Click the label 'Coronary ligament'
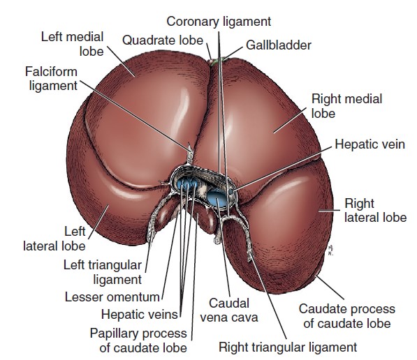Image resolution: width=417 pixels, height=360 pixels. click(219, 22)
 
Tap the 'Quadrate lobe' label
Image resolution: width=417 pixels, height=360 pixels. click(163, 40)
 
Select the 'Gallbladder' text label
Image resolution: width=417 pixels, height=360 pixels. click(279, 45)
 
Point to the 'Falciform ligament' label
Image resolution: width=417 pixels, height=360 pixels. click(51, 79)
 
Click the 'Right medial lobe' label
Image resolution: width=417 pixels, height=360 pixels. click(346, 106)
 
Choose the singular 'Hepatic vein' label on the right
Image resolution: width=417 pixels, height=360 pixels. click(370, 144)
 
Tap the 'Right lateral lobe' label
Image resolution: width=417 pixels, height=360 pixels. click(376, 211)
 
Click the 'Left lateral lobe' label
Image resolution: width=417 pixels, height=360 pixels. click(54, 239)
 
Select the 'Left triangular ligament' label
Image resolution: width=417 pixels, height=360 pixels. click(103, 272)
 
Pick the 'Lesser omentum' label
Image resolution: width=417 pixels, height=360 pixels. click(112, 297)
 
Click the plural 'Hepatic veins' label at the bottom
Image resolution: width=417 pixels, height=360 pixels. click(140, 315)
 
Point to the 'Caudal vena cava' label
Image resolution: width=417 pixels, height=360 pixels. click(229, 310)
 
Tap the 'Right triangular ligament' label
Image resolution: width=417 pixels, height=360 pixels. click(288, 347)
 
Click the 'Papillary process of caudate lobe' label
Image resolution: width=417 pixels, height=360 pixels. click(138, 340)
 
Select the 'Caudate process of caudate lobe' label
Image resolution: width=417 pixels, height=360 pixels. click(346, 316)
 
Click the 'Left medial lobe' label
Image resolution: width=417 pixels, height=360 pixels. click(72, 44)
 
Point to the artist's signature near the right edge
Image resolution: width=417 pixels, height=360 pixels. click(330, 250)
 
